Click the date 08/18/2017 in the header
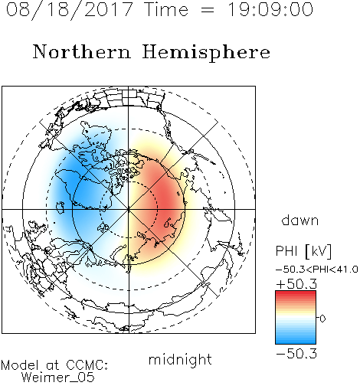click(69, 10)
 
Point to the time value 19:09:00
click(270, 10)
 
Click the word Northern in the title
click(82, 51)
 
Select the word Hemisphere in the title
click(206, 53)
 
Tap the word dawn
click(300, 221)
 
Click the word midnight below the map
click(180, 360)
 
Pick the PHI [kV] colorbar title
click(303, 251)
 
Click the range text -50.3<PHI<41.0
click(317, 270)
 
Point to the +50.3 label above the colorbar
click(296, 284)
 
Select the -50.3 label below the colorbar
click(296, 354)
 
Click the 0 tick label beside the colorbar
click(322, 319)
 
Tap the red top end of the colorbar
click(296, 293)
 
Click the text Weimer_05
click(58, 378)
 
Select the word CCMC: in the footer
click(87, 365)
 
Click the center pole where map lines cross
click(129, 209)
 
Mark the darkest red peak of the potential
click(167, 201)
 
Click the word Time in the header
click(166, 10)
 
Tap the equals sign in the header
click(208, 10)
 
